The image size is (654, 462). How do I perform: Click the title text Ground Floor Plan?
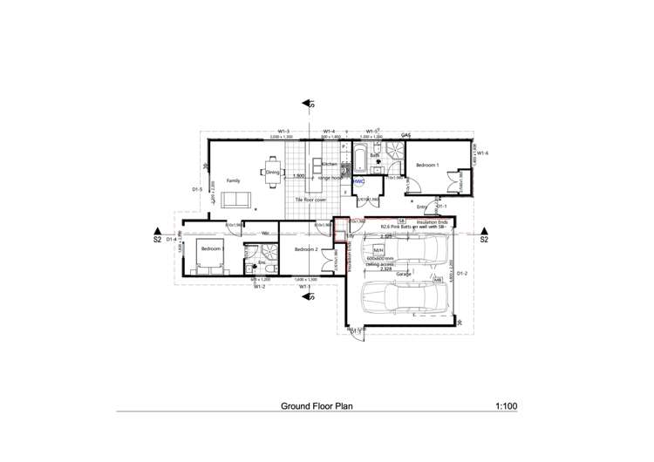(317, 406)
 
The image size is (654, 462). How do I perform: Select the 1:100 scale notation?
(506, 406)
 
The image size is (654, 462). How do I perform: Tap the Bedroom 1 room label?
(427, 165)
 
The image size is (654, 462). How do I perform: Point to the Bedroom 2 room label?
(307, 250)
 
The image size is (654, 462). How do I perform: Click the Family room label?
(233, 180)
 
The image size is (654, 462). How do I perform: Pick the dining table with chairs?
(273, 169)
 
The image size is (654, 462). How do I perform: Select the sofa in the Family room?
(235, 200)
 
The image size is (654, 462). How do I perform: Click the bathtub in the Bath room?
(347, 160)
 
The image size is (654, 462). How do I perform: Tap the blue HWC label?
(358, 181)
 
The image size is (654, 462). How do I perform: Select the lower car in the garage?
(406, 301)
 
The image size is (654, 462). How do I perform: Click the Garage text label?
(404, 274)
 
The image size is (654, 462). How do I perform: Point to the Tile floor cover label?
(310, 200)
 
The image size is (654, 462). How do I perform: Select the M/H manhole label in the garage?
(378, 248)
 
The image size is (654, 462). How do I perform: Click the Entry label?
(422, 207)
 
